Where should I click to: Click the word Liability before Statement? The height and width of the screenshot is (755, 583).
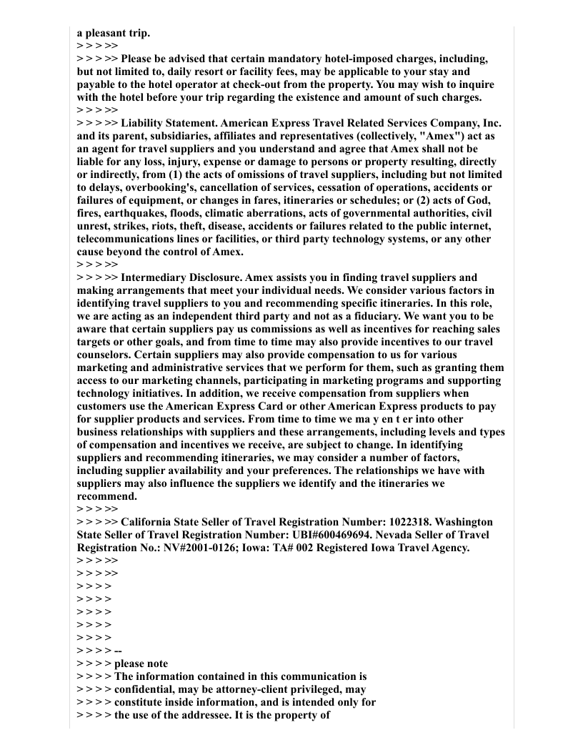144,123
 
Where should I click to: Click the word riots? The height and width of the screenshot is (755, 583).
171,226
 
